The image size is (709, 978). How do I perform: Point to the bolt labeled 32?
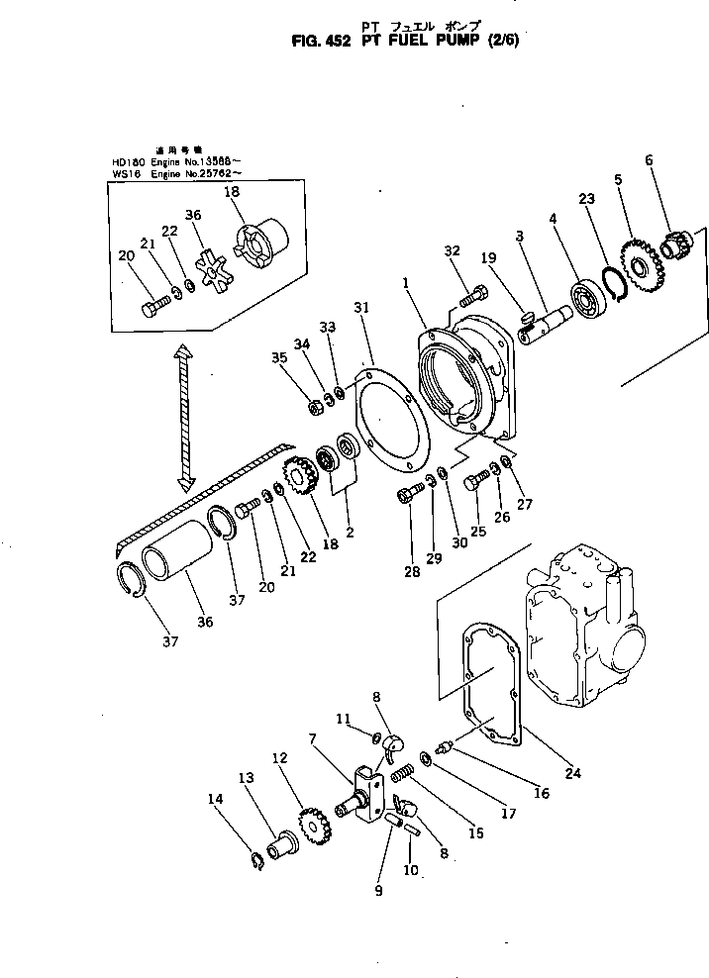tap(474, 293)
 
